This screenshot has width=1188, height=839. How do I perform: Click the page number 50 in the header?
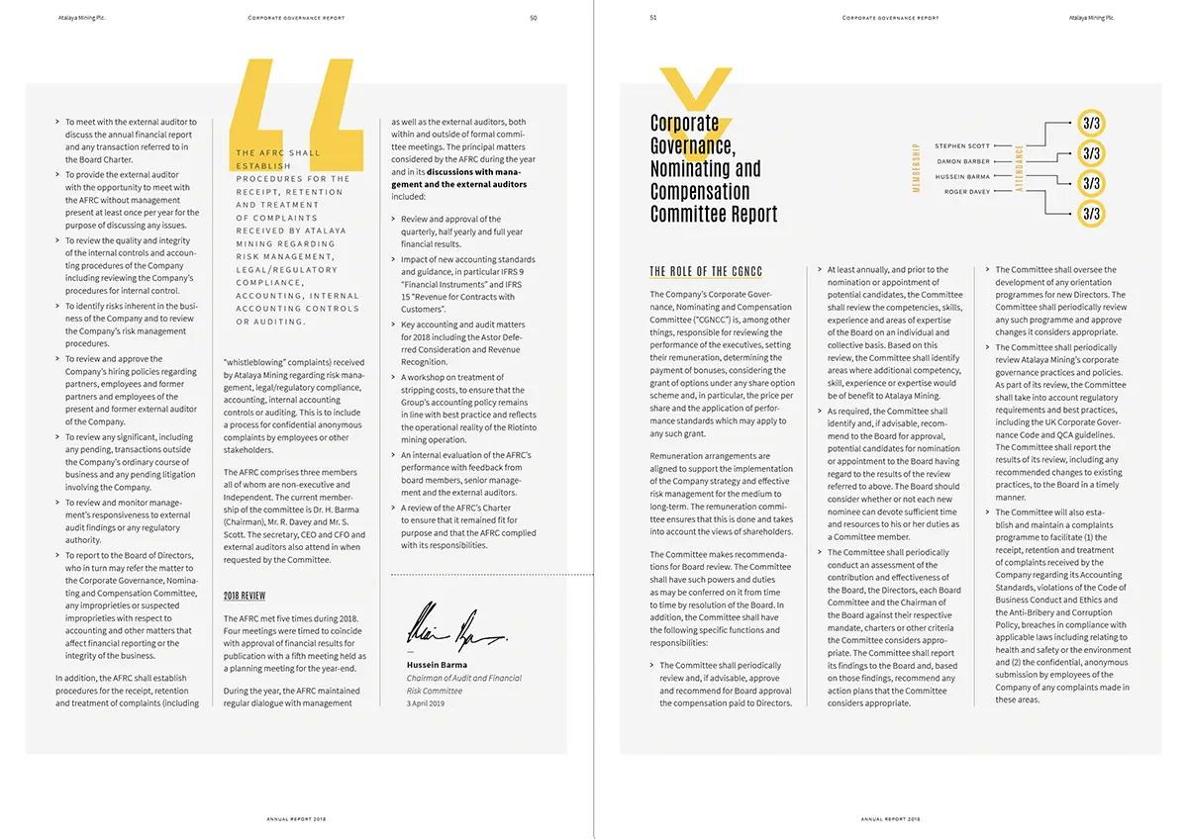pyautogui.click(x=534, y=17)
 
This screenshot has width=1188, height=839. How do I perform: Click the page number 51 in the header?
pyautogui.click(x=653, y=17)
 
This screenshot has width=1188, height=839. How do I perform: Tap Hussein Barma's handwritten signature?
pyautogui.click(x=455, y=626)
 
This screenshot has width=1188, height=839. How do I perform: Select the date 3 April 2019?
pyautogui.click(x=427, y=702)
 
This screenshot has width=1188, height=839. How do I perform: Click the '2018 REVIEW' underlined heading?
pyautogui.click(x=244, y=596)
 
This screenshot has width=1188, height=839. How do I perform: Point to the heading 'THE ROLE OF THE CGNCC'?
pyautogui.click(x=706, y=271)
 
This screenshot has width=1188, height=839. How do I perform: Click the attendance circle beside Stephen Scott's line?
pyautogui.click(x=1091, y=123)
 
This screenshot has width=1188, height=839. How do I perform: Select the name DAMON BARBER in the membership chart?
pyautogui.click(x=963, y=161)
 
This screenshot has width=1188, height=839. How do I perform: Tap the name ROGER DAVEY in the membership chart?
pyautogui.click(x=967, y=192)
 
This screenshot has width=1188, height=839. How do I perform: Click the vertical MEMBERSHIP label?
pyautogui.click(x=916, y=168)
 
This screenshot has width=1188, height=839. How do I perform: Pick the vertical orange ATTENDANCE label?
pyautogui.click(x=1019, y=168)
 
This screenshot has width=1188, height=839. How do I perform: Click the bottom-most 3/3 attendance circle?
pyautogui.click(x=1091, y=214)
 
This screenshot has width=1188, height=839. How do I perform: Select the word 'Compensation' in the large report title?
pyautogui.click(x=700, y=191)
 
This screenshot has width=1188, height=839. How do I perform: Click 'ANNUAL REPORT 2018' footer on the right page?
pyautogui.click(x=890, y=819)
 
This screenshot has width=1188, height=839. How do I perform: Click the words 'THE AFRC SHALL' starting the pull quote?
pyautogui.click(x=278, y=153)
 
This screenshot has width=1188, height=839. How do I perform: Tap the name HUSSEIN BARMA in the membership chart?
pyautogui.click(x=962, y=177)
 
